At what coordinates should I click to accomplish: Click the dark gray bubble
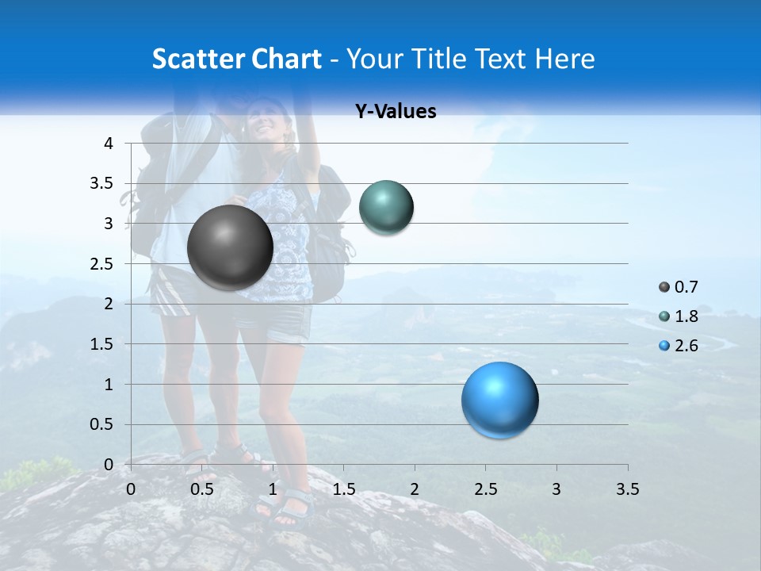pos(230,247)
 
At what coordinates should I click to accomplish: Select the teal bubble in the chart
pos(386,208)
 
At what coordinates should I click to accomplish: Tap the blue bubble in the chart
pos(499,400)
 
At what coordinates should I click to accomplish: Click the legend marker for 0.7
pos(663,287)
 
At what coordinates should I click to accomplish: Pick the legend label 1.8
pos(686,316)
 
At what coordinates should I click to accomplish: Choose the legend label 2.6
pos(686,346)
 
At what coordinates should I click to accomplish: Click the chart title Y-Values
pos(396,112)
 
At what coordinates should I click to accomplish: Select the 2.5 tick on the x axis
pos(485,489)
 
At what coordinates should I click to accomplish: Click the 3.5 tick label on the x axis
pos(627,489)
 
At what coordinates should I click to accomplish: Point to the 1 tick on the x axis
pos(273,489)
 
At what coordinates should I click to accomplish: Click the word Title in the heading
pos(439,59)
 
